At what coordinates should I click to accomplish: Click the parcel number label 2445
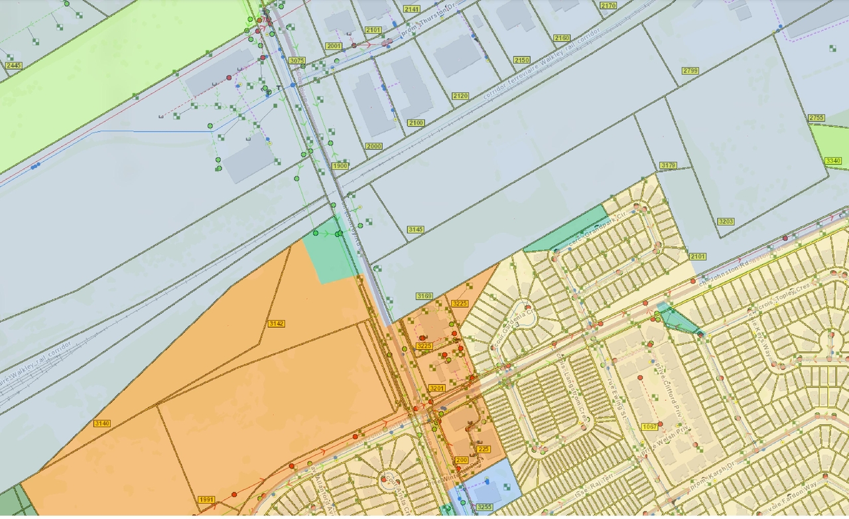[13, 65]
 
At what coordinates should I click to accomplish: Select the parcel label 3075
[296, 60]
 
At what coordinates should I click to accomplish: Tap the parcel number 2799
[690, 70]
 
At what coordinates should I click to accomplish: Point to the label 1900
[340, 165]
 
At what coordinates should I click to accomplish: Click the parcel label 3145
[415, 229]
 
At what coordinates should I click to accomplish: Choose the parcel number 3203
[726, 221]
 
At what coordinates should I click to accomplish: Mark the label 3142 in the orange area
[276, 323]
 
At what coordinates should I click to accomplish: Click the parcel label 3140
[102, 423]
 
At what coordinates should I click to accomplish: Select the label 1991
[206, 499]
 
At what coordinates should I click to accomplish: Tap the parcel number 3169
[424, 295]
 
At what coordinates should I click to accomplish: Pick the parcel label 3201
[436, 388]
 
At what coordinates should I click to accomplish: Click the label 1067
[650, 426]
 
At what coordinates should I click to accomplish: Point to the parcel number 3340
[832, 161]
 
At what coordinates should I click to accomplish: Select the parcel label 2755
[816, 117]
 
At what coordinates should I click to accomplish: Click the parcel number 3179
[668, 165]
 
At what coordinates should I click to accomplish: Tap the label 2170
[608, 5]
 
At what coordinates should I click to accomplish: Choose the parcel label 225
[483, 449]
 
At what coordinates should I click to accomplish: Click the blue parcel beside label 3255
[491, 488]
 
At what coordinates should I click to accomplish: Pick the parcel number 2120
[460, 96]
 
